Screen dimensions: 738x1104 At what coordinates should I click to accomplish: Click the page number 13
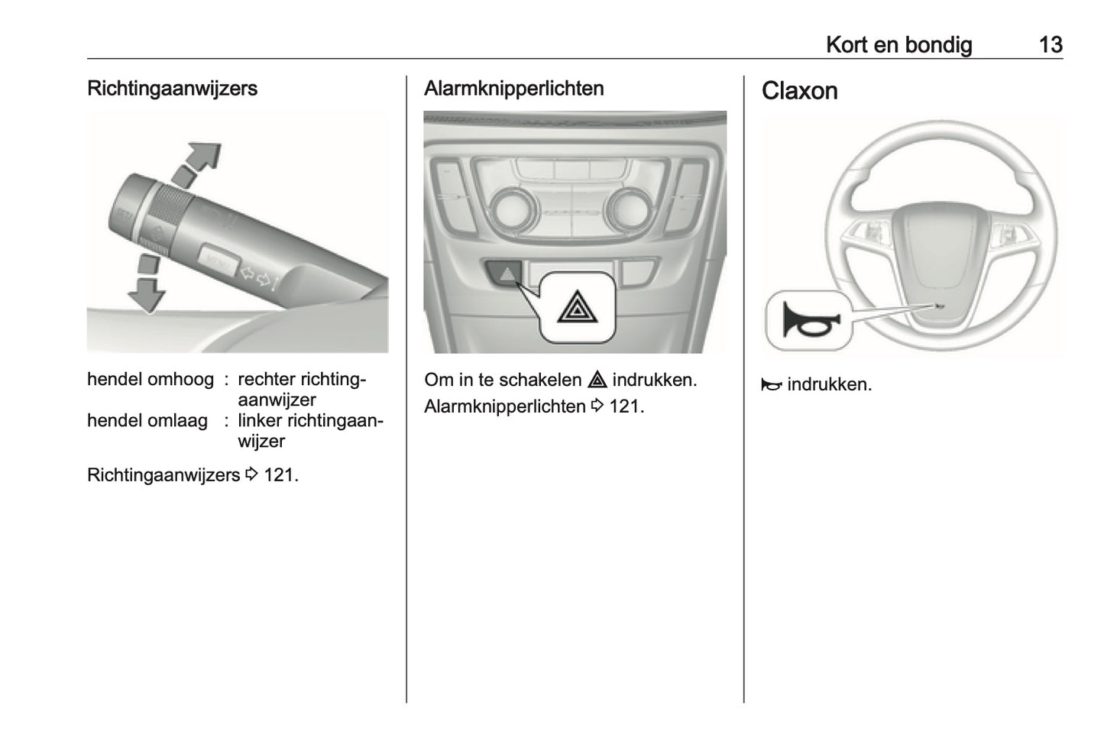click(x=1051, y=45)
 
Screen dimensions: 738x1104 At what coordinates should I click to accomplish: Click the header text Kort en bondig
click(x=898, y=45)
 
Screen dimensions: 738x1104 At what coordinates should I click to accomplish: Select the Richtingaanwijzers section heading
click(x=172, y=89)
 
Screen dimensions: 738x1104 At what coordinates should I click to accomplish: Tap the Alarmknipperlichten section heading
click(x=513, y=89)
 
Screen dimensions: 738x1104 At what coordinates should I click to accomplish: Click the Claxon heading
click(x=799, y=91)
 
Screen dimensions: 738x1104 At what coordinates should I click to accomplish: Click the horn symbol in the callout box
click(x=808, y=320)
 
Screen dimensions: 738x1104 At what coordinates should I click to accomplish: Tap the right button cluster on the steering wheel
click(x=1008, y=231)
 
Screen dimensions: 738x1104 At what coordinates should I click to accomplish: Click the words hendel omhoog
click(x=150, y=380)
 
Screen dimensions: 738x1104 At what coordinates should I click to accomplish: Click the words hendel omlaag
click(x=147, y=421)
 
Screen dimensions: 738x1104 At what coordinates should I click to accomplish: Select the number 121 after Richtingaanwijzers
click(x=279, y=475)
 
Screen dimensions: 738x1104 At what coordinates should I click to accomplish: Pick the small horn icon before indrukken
click(x=772, y=385)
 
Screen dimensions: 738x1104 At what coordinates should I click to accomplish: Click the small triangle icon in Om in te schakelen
click(x=597, y=380)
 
